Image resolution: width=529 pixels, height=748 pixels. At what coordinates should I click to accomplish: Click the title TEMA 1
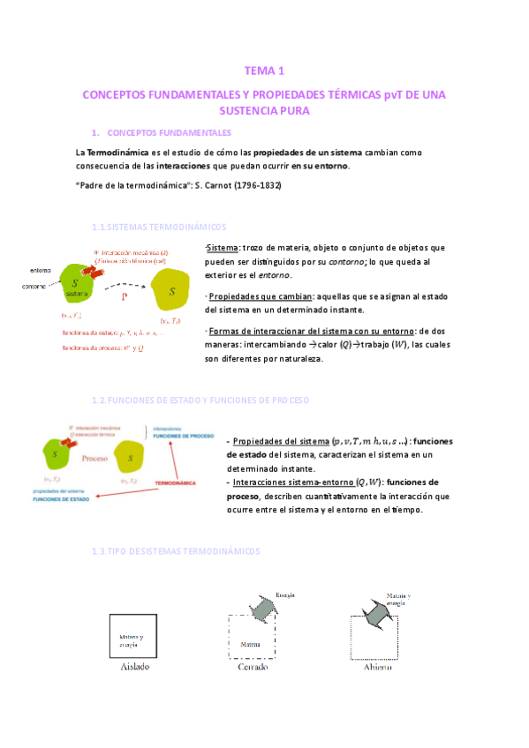click(263, 71)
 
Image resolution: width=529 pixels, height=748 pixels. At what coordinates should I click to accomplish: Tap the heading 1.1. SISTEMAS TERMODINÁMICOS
click(158, 227)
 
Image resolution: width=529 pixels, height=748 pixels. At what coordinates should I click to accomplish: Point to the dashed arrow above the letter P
click(124, 285)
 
